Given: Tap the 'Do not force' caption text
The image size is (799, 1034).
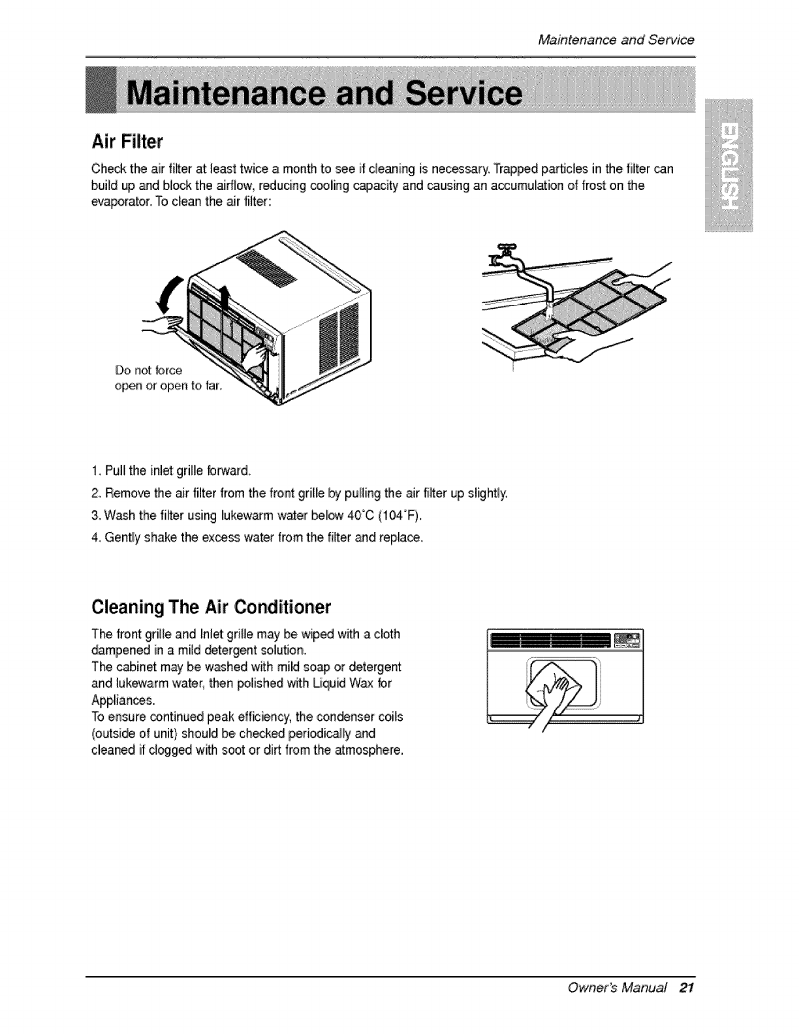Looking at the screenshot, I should click(x=148, y=370).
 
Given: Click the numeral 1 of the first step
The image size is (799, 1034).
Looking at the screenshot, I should click(x=95, y=471).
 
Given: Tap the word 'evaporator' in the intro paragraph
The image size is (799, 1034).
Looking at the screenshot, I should click(x=117, y=202).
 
